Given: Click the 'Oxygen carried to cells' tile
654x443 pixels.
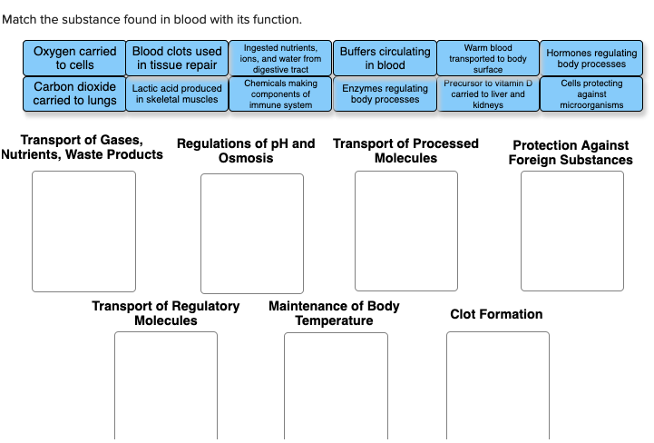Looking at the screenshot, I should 74,58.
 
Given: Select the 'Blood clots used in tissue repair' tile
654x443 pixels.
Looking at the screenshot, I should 177,58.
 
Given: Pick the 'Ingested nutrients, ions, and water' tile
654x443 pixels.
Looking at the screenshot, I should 280,58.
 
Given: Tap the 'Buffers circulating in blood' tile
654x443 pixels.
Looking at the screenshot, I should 385,58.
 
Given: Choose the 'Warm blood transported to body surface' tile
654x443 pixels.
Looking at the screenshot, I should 488,58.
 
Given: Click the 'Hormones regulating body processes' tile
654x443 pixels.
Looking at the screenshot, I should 591,58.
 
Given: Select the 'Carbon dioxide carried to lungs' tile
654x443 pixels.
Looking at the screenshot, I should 74,94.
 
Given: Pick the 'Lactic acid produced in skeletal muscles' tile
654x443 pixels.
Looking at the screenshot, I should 177,94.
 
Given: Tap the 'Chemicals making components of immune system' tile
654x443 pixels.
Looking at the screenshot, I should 280,94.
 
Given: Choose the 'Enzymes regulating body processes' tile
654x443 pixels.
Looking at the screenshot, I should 385,94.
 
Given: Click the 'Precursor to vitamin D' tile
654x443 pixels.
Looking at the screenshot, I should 488,94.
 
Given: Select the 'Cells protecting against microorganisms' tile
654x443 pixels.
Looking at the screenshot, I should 591,94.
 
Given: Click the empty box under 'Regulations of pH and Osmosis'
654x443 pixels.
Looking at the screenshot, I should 252,233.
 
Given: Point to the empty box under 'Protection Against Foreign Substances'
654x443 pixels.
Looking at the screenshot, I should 572,231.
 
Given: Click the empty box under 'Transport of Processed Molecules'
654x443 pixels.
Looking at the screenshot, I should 406,231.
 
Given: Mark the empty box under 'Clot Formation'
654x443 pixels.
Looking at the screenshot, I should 497,386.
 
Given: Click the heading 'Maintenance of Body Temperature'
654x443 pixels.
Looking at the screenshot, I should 334,313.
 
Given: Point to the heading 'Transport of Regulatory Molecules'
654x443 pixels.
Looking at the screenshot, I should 166,313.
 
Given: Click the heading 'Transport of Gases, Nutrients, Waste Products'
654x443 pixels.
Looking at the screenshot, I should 83,147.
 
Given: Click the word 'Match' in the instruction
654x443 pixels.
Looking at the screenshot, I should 19,19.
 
